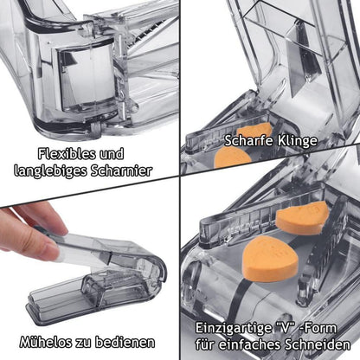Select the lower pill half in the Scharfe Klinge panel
[232, 157]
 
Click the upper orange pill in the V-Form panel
[302, 217]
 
